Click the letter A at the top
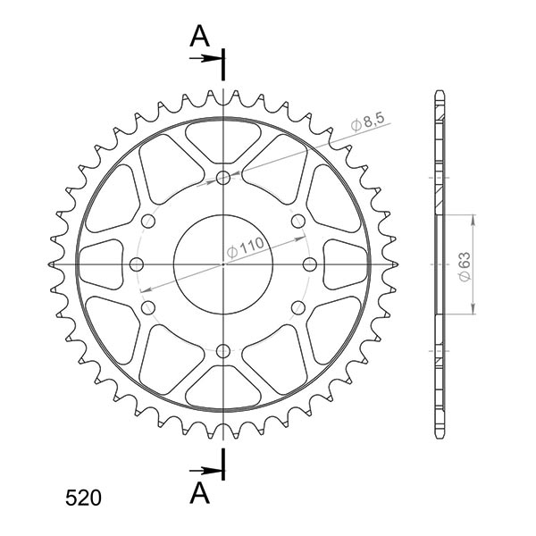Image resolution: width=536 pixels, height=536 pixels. click(x=201, y=36)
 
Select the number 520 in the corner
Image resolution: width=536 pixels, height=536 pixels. click(x=83, y=498)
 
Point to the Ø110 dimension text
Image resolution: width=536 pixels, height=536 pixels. click(x=246, y=246)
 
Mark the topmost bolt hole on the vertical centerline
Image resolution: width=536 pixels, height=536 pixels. click(x=222, y=178)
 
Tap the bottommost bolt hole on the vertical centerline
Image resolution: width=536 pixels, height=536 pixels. click(x=222, y=350)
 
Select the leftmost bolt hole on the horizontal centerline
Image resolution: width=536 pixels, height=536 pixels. click(x=137, y=264)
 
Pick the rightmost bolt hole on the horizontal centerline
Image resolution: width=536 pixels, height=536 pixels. click(x=309, y=264)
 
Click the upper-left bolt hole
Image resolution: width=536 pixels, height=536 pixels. click(x=148, y=221)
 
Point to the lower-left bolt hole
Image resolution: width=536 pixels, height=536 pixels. click(x=148, y=307)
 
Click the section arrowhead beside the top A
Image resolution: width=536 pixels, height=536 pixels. click(x=214, y=58)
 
